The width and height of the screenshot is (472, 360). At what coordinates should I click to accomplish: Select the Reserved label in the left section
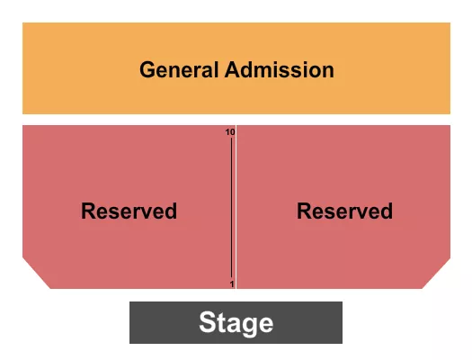129,211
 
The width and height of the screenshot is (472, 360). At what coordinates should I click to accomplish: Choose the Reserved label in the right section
344,211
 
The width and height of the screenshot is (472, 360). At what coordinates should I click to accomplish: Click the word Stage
236,323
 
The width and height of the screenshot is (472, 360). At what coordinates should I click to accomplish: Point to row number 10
230,132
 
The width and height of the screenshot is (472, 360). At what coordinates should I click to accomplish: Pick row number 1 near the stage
231,284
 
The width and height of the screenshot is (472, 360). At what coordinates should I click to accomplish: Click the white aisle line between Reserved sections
236,207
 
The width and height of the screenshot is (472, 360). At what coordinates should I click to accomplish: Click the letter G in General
147,69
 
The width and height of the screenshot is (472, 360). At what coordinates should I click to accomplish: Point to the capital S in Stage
207,323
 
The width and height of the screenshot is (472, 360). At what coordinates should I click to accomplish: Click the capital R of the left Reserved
87,211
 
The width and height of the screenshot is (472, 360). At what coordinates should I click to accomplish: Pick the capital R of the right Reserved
303,211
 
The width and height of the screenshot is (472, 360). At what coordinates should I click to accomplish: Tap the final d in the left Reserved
171,211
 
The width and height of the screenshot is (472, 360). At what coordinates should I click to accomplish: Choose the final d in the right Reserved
387,211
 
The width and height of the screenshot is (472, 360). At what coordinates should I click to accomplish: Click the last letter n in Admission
328,70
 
